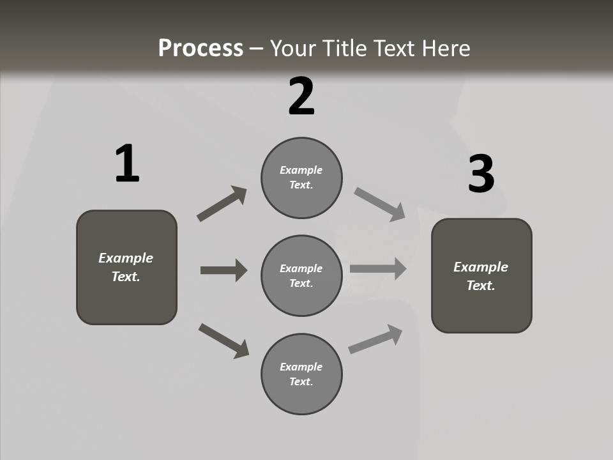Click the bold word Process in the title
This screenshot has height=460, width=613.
[201, 49]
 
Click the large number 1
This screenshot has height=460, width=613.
[127, 164]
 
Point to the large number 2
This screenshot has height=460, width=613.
[301, 96]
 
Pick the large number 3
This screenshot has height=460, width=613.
[481, 174]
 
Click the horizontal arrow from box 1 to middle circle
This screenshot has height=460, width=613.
[223, 270]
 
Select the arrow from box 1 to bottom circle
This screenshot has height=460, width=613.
[223, 341]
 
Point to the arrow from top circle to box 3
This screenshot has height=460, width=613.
[380, 204]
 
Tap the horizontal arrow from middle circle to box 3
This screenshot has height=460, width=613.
[378, 268]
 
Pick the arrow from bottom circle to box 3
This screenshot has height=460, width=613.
[375, 339]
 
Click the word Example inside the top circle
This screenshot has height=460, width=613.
[301, 170]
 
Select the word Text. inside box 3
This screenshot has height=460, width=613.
[481, 286]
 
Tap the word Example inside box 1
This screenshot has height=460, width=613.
[126, 258]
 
